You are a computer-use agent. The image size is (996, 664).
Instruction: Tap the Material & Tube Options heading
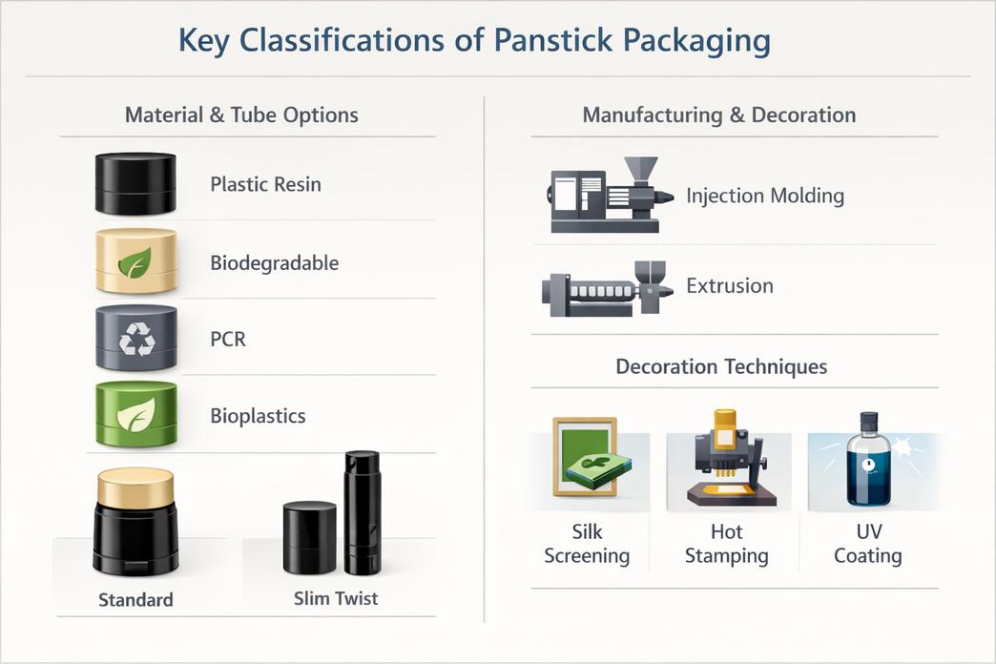click(x=241, y=115)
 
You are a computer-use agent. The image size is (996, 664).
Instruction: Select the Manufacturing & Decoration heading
click(x=719, y=115)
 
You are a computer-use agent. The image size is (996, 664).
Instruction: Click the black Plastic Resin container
click(x=135, y=183)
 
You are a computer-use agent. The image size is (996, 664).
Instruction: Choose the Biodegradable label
click(x=275, y=263)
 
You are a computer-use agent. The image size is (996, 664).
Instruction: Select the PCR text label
click(x=228, y=340)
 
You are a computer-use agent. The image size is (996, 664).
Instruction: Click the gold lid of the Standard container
click(x=135, y=487)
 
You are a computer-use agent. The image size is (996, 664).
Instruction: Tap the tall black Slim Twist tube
click(x=363, y=512)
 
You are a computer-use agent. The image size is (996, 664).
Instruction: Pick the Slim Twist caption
click(x=336, y=598)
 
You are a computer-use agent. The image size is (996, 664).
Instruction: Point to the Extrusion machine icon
click(x=607, y=288)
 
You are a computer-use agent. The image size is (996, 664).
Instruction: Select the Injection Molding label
click(x=765, y=196)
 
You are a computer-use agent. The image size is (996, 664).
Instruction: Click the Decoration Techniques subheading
click(x=721, y=366)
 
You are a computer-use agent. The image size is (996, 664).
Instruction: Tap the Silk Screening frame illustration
click(x=586, y=456)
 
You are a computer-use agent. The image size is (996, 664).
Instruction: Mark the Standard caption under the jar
click(x=135, y=600)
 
